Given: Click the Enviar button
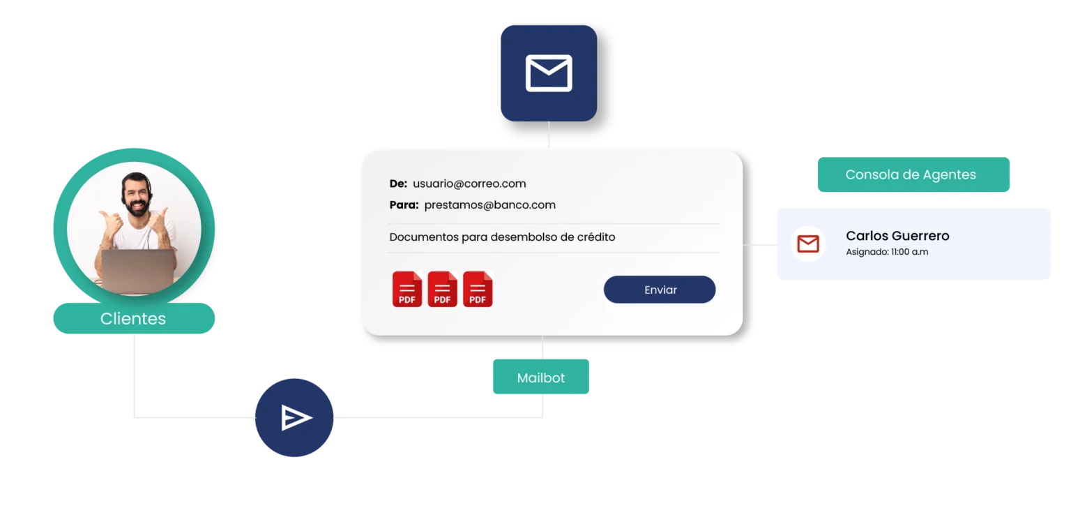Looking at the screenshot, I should pyautogui.click(x=659, y=290).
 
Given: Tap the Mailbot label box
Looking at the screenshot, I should pyautogui.click(x=541, y=378).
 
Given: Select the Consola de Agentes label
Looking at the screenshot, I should pyautogui.click(x=910, y=174).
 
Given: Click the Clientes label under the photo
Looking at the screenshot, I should pyautogui.click(x=133, y=319).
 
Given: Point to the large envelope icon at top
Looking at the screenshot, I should pyautogui.click(x=548, y=73).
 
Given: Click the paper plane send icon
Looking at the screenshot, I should pyautogui.click(x=295, y=417).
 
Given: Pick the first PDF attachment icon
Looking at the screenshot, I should pyautogui.click(x=407, y=289).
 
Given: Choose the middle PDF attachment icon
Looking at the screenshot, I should pyautogui.click(x=442, y=289).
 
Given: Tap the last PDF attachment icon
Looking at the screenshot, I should pyautogui.click(x=478, y=289).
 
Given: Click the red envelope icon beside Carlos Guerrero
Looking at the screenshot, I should pyautogui.click(x=807, y=244).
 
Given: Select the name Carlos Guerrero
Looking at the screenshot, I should pyautogui.click(x=897, y=236).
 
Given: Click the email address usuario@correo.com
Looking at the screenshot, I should pyautogui.click(x=469, y=184).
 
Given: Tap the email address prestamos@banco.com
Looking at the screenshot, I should pyautogui.click(x=489, y=205).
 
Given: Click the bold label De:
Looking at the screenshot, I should pyautogui.click(x=398, y=184).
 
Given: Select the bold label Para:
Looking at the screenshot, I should pyautogui.click(x=404, y=205).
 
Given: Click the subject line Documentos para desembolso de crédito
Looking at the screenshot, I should pyautogui.click(x=502, y=237).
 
